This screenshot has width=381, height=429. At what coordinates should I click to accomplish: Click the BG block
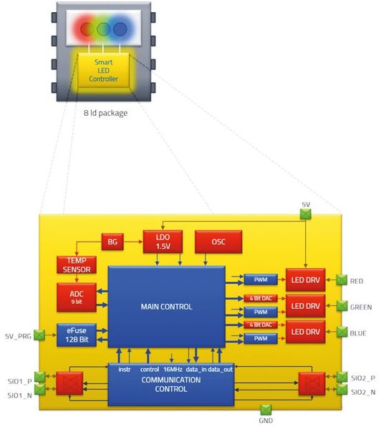[112, 242]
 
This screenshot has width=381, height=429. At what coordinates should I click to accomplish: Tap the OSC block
[218, 242]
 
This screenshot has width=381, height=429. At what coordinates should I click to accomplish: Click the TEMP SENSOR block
[77, 266]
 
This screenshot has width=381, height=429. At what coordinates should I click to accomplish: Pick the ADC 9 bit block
[77, 297]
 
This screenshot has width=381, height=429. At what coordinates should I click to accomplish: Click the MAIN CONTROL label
[167, 307]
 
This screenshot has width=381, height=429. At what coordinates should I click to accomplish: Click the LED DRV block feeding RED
[305, 279]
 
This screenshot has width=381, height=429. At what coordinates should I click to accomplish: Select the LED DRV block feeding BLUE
[305, 332]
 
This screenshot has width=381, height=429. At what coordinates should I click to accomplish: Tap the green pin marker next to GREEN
[342, 306]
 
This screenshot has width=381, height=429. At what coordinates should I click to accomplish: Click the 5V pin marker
[306, 212]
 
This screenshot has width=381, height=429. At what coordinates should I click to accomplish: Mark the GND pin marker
[267, 410]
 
